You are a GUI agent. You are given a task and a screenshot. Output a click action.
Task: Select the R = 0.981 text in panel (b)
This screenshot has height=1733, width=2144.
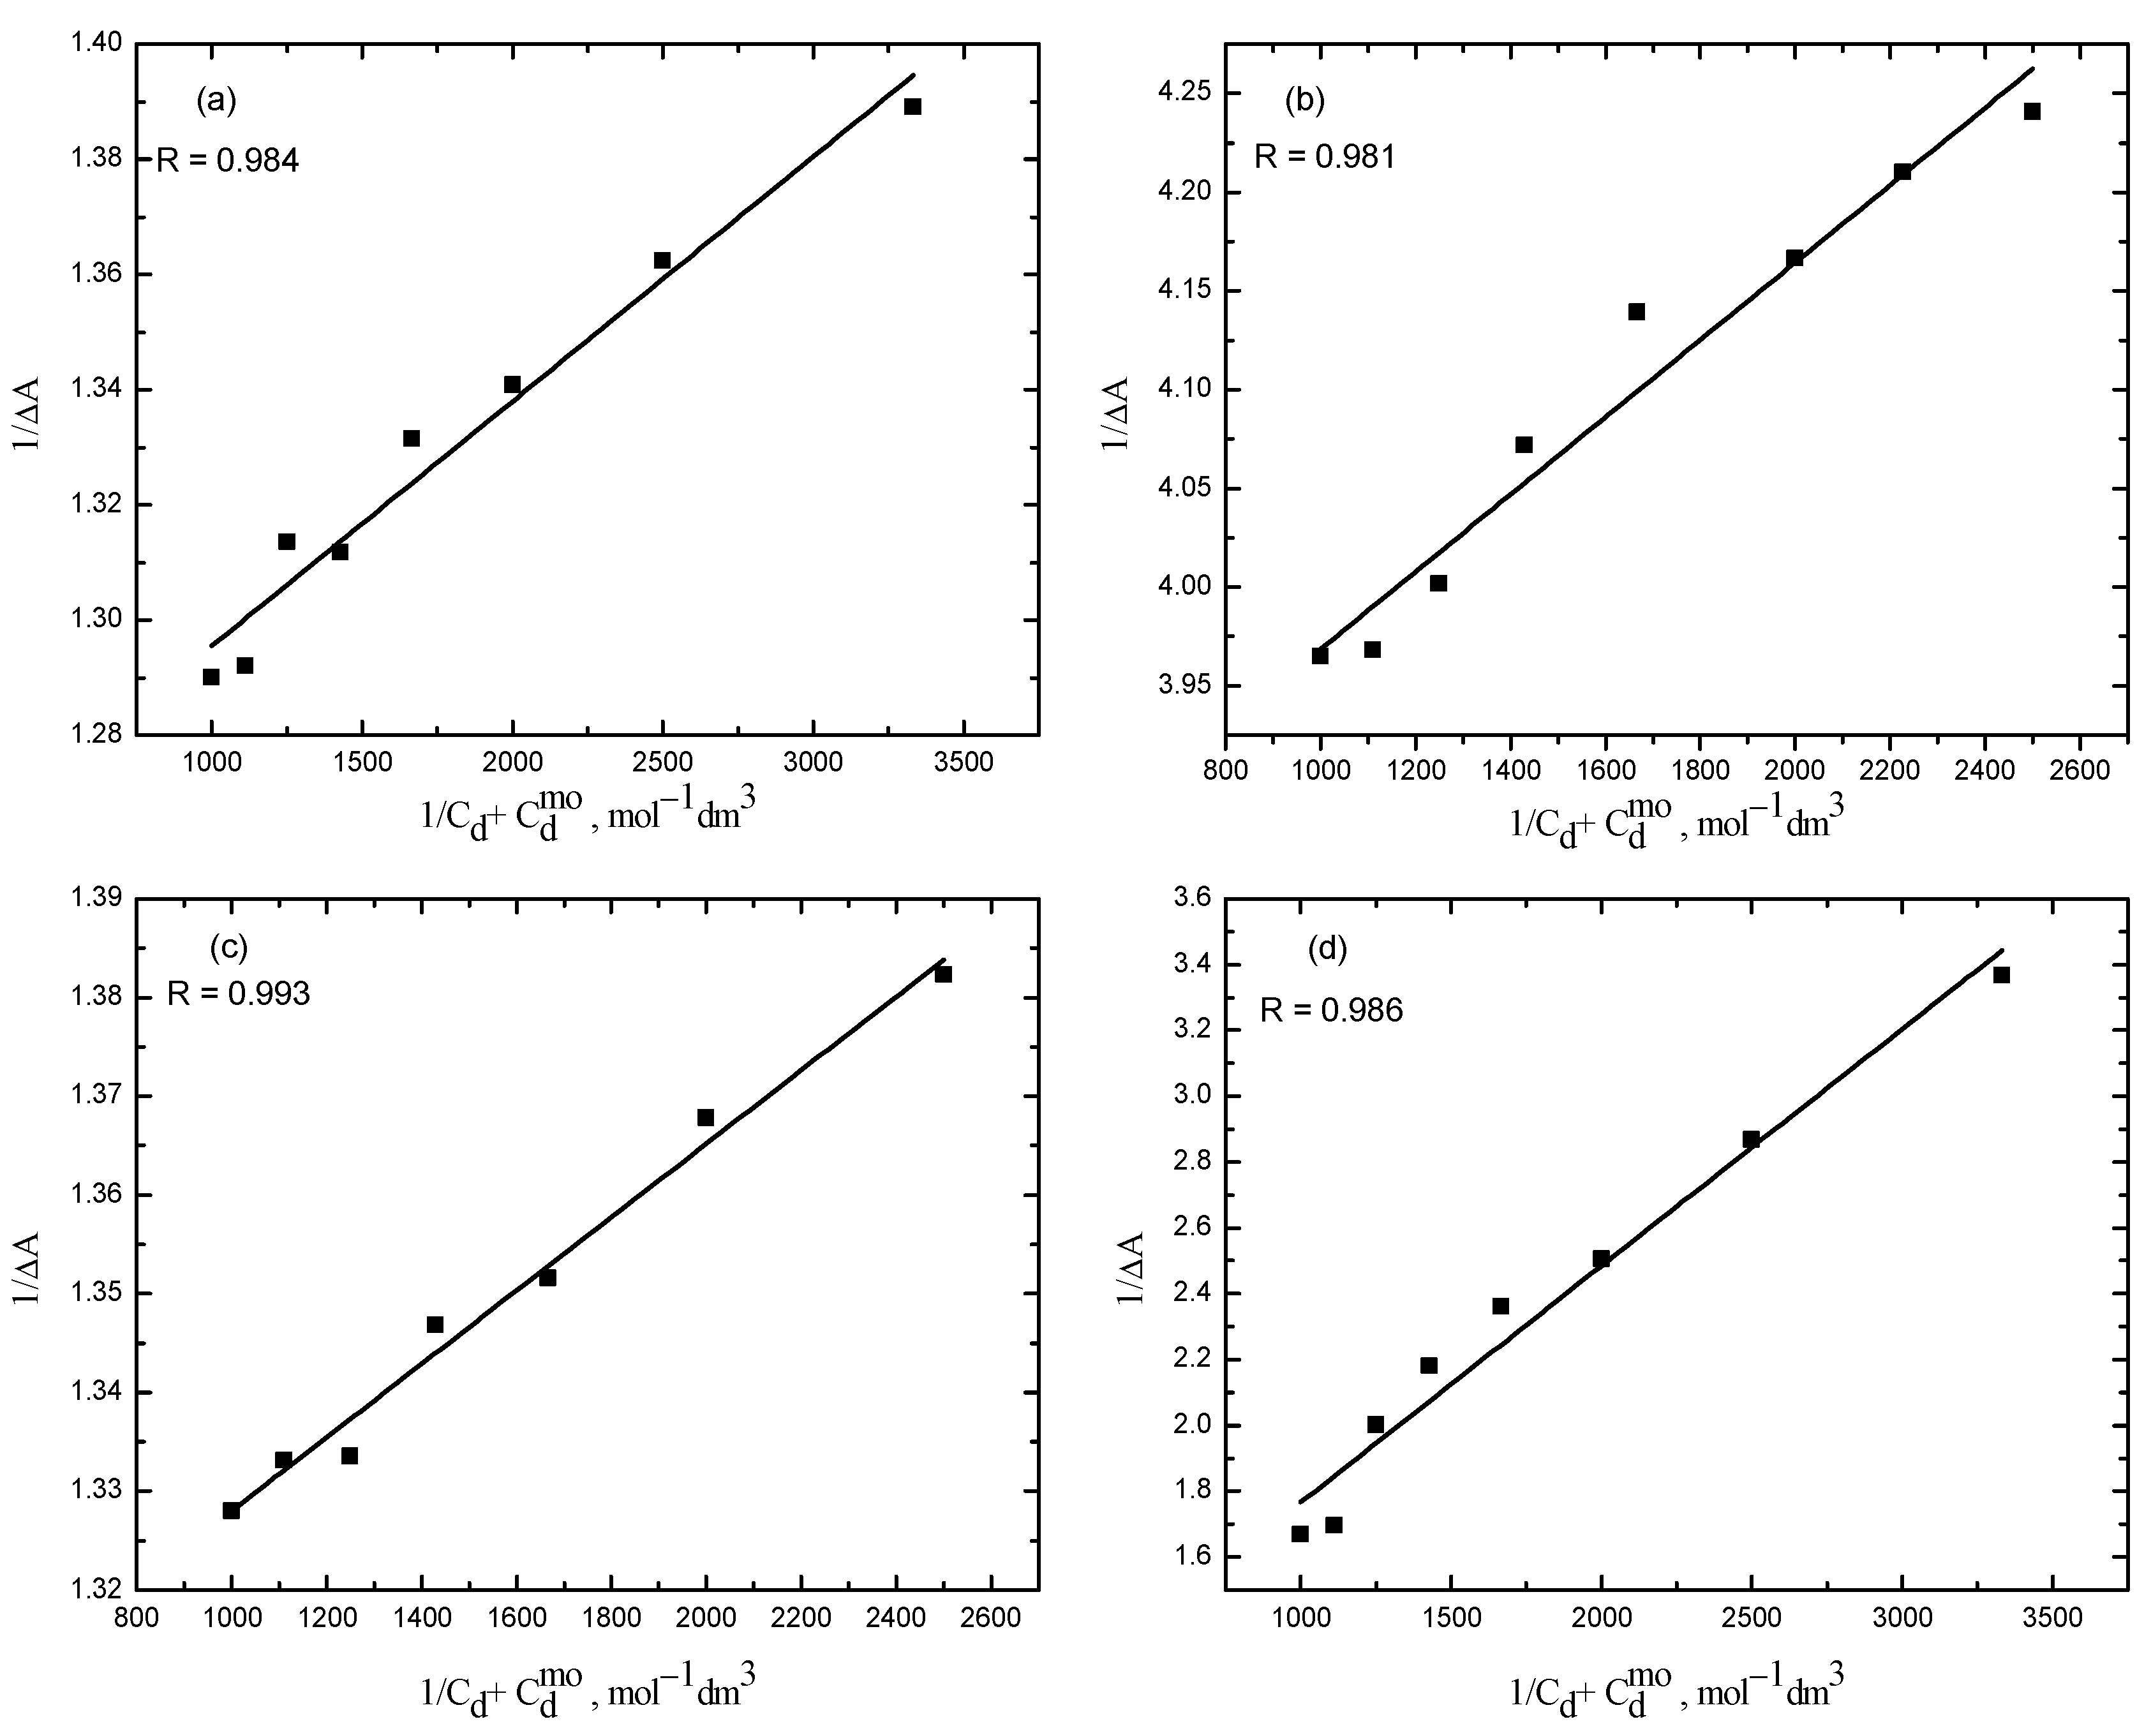click(1325, 157)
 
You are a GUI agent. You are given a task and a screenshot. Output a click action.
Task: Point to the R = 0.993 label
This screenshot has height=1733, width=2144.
click(239, 993)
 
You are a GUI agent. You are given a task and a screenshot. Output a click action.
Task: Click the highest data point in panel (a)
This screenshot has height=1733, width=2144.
click(912, 107)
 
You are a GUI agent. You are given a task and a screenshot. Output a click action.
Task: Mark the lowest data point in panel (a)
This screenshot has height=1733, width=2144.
click(211, 677)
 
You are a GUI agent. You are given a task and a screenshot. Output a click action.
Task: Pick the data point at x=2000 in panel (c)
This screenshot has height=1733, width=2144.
click(706, 1117)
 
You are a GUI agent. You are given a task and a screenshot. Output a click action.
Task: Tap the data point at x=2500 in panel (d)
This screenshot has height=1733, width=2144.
click(1751, 1139)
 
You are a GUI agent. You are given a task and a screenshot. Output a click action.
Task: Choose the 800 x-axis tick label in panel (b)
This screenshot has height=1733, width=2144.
click(1226, 771)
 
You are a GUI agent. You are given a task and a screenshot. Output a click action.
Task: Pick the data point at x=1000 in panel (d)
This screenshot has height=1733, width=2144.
click(1300, 1533)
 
